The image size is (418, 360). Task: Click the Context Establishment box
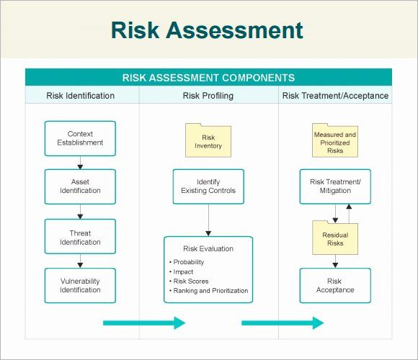click(80, 138)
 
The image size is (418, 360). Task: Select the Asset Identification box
click(80, 186)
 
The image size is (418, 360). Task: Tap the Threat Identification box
click(80, 236)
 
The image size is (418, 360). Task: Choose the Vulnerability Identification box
click(80, 285)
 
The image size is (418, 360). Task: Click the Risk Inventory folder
click(208, 140)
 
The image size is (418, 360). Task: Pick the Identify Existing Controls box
click(208, 186)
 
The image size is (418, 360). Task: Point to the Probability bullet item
click(187, 262)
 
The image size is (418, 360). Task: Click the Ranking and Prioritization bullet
click(209, 290)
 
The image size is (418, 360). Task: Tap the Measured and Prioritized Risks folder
click(335, 140)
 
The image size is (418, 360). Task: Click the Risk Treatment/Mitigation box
click(335, 186)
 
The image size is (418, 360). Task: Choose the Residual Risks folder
click(335, 238)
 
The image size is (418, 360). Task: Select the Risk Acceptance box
click(335, 285)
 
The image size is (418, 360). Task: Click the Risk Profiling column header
click(208, 96)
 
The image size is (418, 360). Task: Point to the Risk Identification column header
click(80, 96)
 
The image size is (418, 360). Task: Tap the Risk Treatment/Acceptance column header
click(335, 96)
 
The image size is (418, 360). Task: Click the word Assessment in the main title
click(235, 30)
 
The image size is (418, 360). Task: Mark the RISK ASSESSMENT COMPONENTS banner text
click(208, 78)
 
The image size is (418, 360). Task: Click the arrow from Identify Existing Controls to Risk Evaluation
click(208, 220)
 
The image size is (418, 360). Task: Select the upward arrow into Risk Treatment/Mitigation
click(349, 214)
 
